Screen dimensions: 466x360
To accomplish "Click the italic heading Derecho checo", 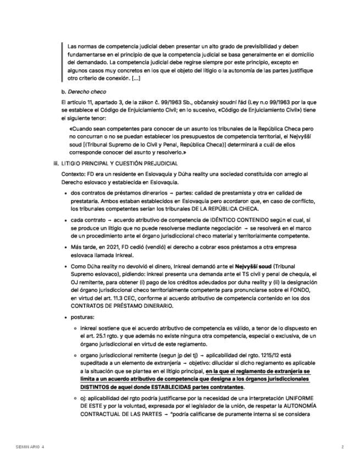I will pyautogui.click(x=87, y=91).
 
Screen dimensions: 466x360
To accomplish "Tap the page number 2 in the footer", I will pyautogui.click(x=342, y=447).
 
